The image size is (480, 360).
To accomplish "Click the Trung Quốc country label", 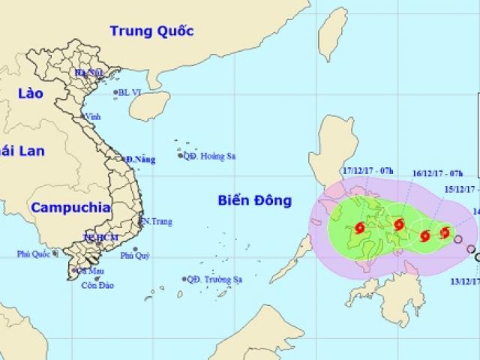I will point(151,31).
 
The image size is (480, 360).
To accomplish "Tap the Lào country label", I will point(29,94).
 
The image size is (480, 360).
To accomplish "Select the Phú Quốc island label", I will point(34,254).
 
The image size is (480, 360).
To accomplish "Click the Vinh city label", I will point(94,117).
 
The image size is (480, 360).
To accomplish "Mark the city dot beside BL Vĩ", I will point(116,92).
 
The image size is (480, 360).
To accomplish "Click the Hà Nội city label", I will point(88,73).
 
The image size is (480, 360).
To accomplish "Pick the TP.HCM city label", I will point(96,237).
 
